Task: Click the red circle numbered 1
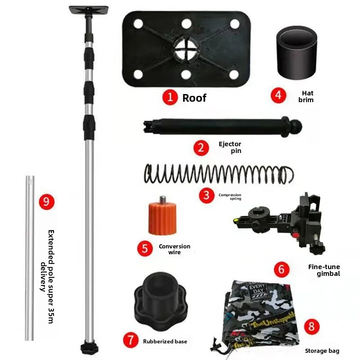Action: pyautogui.click(x=170, y=97)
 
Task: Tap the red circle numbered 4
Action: pyautogui.click(x=278, y=95)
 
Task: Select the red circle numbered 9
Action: pyautogui.click(x=47, y=202)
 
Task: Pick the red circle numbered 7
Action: pyautogui.click(x=130, y=340)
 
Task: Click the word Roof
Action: pyautogui.click(x=194, y=98)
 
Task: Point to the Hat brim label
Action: pyautogui.click(x=306, y=96)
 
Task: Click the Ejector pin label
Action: pyautogui.click(x=230, y=148)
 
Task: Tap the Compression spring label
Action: pyautogui.click(x=230, y=197)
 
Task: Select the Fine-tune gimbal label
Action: pyautogui.click(x=324, y=270)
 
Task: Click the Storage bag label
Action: pyautogui.click(x=322, y=351)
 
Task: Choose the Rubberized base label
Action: pyautogui.click(x=165, y=342)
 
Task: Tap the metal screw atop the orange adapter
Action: pyautogui.click(x=162, y=199)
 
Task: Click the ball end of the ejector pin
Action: pyautogui.click(x=297, y=126)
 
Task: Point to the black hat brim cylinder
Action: pyautogui.click(x=297, y=52)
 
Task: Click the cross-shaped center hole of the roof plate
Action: pyautogui.click(x=186, y=49)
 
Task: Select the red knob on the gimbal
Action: pyautogui.click(x=296, y=235)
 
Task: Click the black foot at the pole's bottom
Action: pyautogui.click(x=89, y=348)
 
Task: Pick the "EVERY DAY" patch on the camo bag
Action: pyautogui.click(x=257, y=290)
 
